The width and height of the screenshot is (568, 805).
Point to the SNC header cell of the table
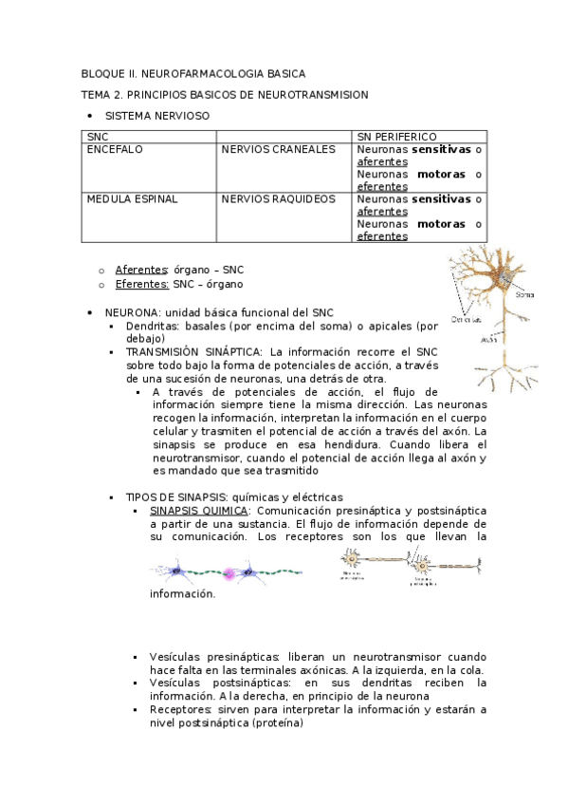click(x=97, y=138)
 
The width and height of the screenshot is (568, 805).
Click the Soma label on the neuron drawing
click(x=524, y=294)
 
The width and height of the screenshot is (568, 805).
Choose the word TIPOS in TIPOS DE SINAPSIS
click(x=142, y=496)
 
